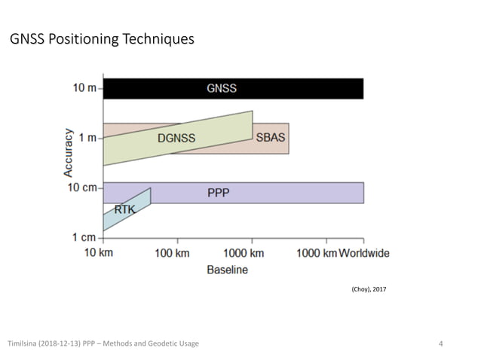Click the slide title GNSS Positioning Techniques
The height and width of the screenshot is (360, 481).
102,39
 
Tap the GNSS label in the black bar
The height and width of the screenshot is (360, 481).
222,88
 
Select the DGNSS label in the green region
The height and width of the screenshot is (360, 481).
176,138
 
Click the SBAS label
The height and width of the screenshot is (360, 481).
271,138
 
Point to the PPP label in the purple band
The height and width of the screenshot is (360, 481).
219,194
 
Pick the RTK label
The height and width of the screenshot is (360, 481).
125,209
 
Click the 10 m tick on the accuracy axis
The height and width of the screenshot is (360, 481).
85,88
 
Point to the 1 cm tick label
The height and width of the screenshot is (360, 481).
85,237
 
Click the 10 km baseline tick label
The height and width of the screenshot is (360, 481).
98,253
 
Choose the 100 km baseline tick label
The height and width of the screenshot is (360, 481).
172,253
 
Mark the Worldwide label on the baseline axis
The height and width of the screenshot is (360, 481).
364,253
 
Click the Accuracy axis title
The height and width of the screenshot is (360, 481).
69,153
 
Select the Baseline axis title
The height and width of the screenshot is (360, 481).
227,270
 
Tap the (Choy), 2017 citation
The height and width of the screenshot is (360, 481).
369,289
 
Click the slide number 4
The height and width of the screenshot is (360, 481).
441,344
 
